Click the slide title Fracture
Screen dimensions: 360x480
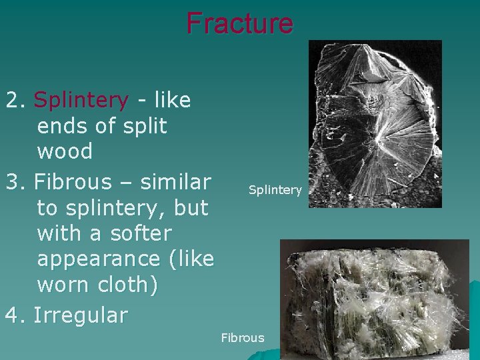point(239,23)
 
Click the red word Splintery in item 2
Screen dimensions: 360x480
point(81,100)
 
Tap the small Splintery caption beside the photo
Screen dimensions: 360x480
point(275,190)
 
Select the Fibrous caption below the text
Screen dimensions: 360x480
point(243,338)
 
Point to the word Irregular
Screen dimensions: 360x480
point(81,315)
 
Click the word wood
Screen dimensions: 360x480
point(65,151)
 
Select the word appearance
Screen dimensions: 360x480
point(99,259)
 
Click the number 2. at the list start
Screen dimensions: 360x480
point(15,101)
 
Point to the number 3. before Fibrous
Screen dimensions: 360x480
point(15,182)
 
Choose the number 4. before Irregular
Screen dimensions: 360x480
point(15,315)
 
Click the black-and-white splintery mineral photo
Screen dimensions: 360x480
point(375,123)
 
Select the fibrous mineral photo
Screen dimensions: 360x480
point(375,299)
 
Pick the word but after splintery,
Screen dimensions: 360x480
point(191,207)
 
